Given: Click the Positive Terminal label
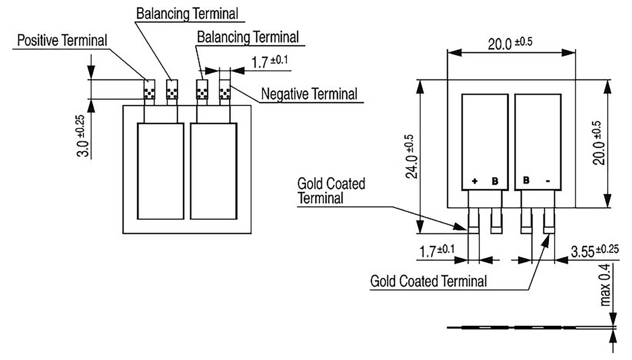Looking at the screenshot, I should (62, 40).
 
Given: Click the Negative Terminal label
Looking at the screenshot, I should (309, 94).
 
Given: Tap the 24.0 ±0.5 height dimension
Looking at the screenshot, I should (411, 157).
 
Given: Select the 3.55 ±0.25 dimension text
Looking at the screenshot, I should (594, 251).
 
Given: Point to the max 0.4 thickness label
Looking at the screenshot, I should (605, 285).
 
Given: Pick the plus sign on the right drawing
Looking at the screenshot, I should (474, 181).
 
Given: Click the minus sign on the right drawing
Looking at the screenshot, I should (548, 181).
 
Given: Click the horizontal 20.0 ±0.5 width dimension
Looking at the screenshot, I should (510, 43).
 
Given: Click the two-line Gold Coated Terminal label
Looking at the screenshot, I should (331, 191).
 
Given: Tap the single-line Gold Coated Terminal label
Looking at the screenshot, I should (428, 281).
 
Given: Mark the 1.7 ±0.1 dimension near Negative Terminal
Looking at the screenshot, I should (269, 62).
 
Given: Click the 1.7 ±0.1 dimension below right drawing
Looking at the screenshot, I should (437, 251).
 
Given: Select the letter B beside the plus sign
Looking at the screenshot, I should (495, 181).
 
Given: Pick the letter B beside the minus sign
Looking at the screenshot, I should (526, 180).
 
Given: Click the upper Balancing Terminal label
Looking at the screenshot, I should (187, 14).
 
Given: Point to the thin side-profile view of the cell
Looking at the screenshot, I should (531, 328).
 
